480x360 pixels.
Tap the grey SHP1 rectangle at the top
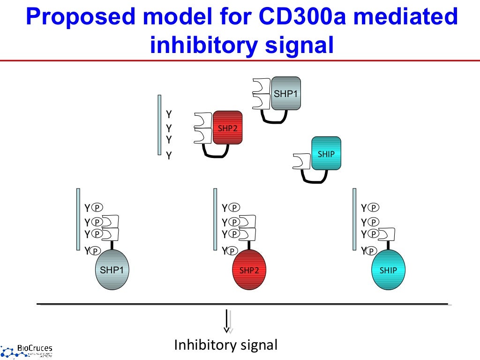click(286, 93)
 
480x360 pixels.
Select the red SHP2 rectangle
click(227, 128)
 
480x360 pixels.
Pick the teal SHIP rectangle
click(326, 153)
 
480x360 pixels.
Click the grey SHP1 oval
click(112, 270)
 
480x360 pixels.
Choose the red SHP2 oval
click(249, 270)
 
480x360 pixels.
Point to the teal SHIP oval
click(388, 270)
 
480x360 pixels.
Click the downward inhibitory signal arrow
click(227, 321)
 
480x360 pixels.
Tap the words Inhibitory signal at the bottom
click(226, 345)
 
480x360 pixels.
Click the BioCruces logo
click(27, 351)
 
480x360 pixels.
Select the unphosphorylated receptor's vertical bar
click(159, 125)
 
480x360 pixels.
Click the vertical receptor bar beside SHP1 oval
click(78, 219)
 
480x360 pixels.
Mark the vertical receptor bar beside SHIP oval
click(354, 219)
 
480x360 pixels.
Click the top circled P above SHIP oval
click(374, 208)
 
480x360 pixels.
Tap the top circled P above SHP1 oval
click(97, 208)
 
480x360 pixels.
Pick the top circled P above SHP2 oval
click(234, 208)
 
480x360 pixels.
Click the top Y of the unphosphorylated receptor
click(169, 114)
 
